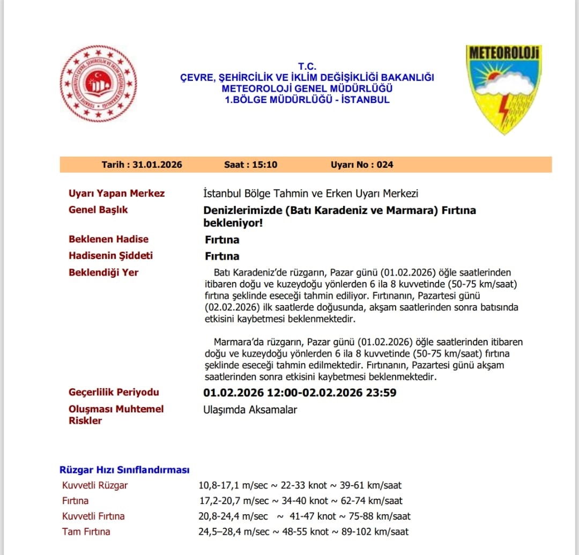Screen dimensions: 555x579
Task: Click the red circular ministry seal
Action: [x=98, y=84]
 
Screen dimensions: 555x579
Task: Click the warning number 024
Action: [x=384, y=165]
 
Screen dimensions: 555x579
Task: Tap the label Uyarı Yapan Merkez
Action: [x=116, y=194]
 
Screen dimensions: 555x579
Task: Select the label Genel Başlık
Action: [x=98, y=210]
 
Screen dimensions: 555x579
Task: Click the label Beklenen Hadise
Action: [x=108, y=239]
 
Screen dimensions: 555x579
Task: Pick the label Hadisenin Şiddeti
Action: [x=110, y=256]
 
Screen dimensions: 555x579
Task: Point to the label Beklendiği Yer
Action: [x=103, y=272]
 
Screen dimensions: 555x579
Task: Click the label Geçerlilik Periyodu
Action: [x=114, y=392]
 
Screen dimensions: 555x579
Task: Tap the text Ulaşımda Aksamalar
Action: [x=250, y=410]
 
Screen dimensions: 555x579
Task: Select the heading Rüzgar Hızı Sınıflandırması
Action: [x=124, y=470]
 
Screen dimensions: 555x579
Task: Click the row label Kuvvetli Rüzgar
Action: [x=95, y=485]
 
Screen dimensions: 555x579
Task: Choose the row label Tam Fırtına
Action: [x=86, y=531]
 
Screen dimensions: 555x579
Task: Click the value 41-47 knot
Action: [x=311, y=516]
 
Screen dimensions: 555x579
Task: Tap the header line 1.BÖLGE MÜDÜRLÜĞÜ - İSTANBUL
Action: [x=307, y=100]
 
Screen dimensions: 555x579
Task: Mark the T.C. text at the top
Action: [x=308, y=66]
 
